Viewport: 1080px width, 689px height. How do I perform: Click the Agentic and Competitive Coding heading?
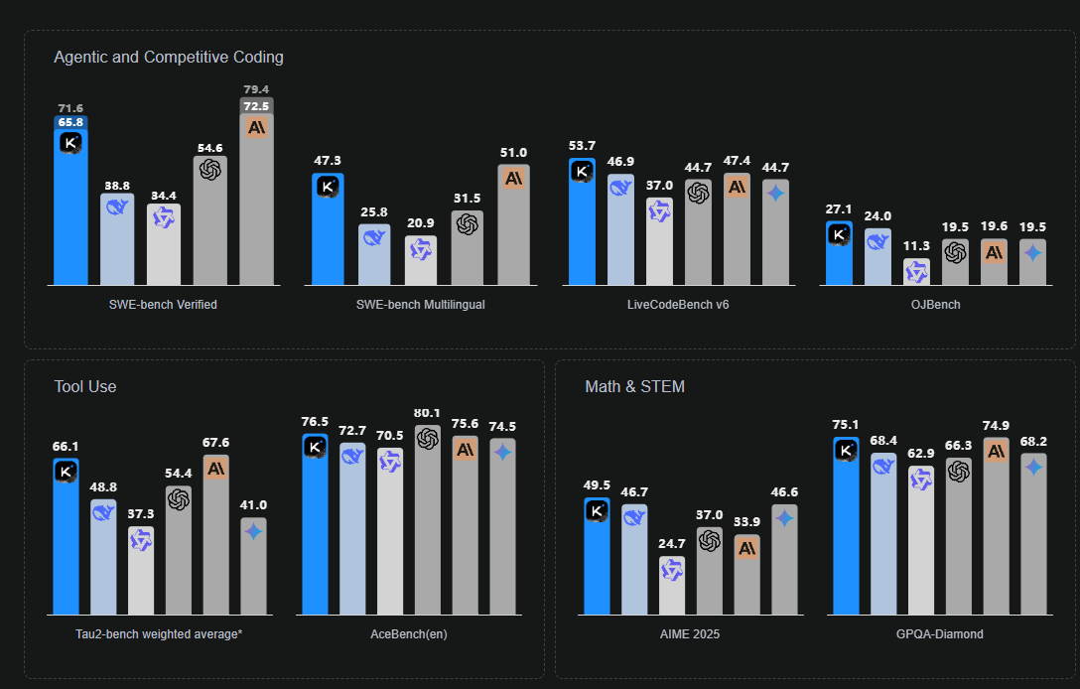(169, 58)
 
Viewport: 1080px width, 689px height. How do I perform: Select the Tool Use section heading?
(85, 386)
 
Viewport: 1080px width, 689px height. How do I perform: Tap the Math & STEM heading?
(634, 386)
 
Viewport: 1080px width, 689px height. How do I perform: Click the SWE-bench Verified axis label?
(163, 305)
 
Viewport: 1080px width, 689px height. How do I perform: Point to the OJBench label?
(935, 305)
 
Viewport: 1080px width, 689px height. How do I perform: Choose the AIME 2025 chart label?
(689, 633)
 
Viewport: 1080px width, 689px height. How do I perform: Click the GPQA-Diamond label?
(939, 633)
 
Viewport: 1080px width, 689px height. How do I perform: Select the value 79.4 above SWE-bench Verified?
(256, 90)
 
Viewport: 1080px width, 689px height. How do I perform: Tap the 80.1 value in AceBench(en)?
(428, 413)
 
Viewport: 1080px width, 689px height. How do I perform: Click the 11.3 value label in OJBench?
(915, 246)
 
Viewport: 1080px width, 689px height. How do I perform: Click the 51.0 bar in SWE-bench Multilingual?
(513, 228)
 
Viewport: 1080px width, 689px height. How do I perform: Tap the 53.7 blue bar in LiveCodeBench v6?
(583, 223)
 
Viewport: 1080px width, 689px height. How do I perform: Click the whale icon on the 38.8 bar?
(117, 207)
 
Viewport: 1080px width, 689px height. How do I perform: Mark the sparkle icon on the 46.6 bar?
(784, 518)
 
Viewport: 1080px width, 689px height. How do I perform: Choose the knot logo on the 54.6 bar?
(209, 170)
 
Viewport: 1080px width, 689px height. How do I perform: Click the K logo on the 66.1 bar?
(66, 473)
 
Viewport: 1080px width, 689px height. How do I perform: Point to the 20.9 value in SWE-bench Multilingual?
(420, 222)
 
